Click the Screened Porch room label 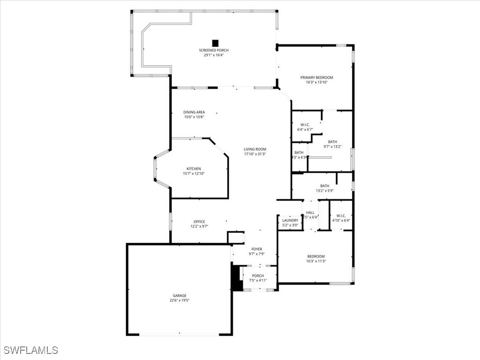click(214, 50)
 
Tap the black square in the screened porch click(215, 43)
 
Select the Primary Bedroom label click(316, 77)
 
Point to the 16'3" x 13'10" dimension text click(316, 82)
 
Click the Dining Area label click(194, 112)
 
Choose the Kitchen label click(194, 169)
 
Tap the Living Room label click(255, 149)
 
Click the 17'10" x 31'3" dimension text click(255, 154)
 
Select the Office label click(199, 222)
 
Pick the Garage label click(179, 296)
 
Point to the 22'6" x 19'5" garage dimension click(179, 300)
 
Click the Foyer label click(256, 249)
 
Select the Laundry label click(290, 220)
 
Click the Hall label click(310, 212)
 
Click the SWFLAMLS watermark click(31, 350)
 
